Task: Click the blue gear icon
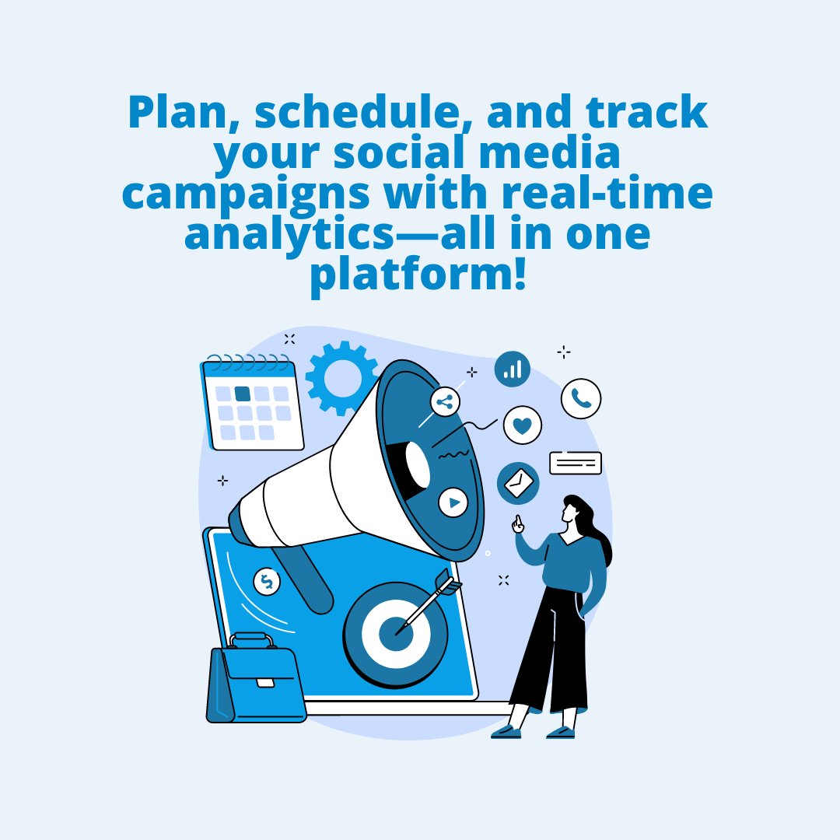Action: coord(341,377)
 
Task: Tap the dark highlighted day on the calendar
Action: coord(243,394)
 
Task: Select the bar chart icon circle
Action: coord(513,369)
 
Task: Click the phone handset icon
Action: coord(581,398)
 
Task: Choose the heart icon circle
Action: coord(523,425)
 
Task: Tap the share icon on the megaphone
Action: coord(445,402)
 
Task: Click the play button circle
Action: coord(453,502)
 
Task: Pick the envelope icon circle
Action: coord(518,484)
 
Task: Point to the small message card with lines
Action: coord(576,463)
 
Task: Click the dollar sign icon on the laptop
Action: coord(267,581)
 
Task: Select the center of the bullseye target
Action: coord(395,634)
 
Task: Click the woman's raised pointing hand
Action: coord(517,526)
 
